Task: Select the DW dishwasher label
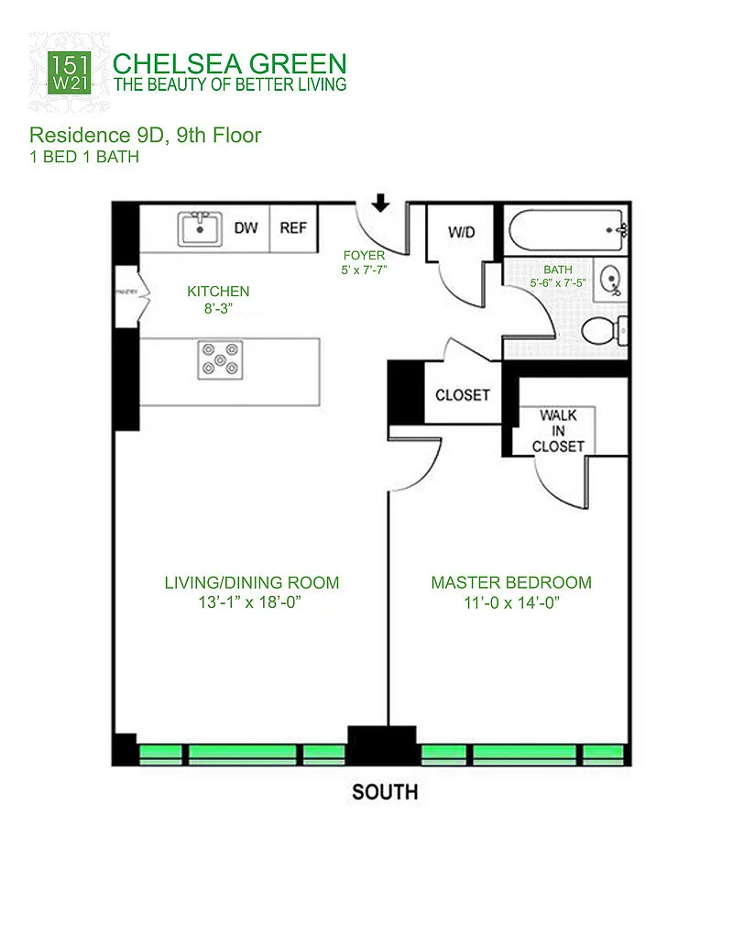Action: click(246, 228)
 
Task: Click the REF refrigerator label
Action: click(293, 228)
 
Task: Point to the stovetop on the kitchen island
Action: click(220, 359)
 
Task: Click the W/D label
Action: click(462, 232)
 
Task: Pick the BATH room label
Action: click(557, 270)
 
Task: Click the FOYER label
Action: click(364, 255)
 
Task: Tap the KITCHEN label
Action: click(218, 292)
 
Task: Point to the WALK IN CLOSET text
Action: click(558, 431)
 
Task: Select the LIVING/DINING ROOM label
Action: click(252, 582)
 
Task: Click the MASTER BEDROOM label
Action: click(511, 582)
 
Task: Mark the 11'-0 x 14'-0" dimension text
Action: click(511, 602)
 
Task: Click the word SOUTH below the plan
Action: click(385, 791)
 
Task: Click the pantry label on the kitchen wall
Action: click(126, 292)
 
